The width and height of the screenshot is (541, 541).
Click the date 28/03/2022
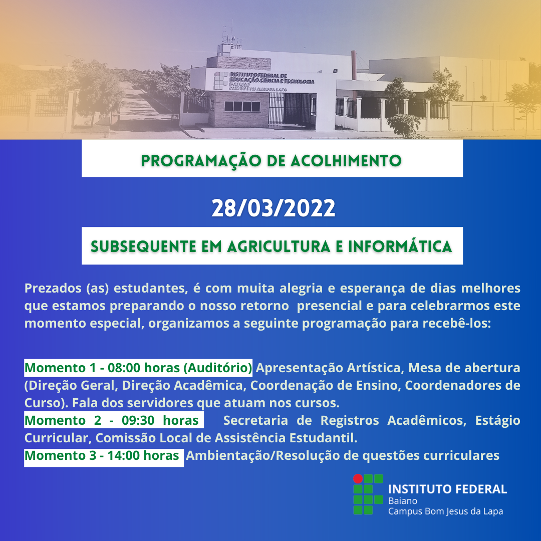273,208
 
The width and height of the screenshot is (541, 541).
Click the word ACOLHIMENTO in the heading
346,161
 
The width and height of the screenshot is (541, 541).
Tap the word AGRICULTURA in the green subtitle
279,246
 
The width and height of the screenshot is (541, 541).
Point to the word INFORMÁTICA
400,246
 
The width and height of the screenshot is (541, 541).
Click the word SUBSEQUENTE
143,246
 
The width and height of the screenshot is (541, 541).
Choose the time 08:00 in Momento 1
124,368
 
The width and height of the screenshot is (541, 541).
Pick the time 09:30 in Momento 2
138,421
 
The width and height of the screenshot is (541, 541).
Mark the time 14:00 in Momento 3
124,455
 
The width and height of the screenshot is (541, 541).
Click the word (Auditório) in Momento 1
218,368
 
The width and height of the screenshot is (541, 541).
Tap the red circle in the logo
358,478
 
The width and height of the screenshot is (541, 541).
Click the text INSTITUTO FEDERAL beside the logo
447,489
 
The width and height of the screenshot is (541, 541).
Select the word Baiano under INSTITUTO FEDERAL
403,501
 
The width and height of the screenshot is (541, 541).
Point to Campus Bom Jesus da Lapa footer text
445,511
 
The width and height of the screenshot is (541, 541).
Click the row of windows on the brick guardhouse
242,106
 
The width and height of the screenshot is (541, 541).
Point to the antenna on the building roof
228,35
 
